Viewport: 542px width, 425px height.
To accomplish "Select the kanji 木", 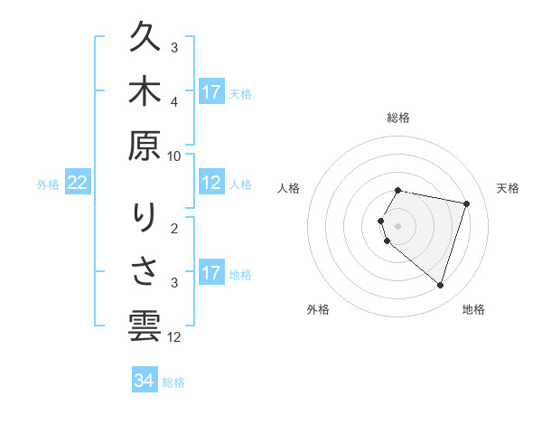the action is (145, 90).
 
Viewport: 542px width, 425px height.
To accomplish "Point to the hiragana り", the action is (145, 217).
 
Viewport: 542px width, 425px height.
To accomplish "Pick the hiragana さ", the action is (145, 271).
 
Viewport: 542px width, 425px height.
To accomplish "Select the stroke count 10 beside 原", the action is (174, 156).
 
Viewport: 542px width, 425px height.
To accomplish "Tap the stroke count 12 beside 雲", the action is (174, 337).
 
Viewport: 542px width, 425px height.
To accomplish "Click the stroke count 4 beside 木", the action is (174, 102).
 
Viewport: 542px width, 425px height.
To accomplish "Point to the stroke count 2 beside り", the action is (174, 228).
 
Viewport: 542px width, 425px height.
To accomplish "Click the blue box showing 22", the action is (78, 183).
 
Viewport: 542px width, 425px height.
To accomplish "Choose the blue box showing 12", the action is (211, 183).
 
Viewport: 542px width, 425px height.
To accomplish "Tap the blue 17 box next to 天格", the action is (211, 91).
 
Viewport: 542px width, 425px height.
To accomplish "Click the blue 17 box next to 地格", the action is (211, 272).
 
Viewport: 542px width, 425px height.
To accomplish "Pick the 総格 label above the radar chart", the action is (398, 118).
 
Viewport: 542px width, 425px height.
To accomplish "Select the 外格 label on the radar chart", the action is (318, 309).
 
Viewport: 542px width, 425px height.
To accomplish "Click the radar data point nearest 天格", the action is (466, 203).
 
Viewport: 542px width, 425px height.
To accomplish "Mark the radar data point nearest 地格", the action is (440, 286).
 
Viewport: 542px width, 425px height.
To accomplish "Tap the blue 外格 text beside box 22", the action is (48, 184).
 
